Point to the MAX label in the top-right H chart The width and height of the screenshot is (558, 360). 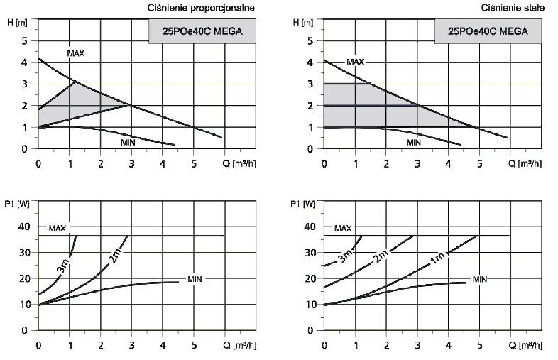pos(355,63)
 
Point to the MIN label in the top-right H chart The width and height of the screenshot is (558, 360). pos(414,143)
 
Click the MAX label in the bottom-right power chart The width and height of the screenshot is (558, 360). pos(343,229)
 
